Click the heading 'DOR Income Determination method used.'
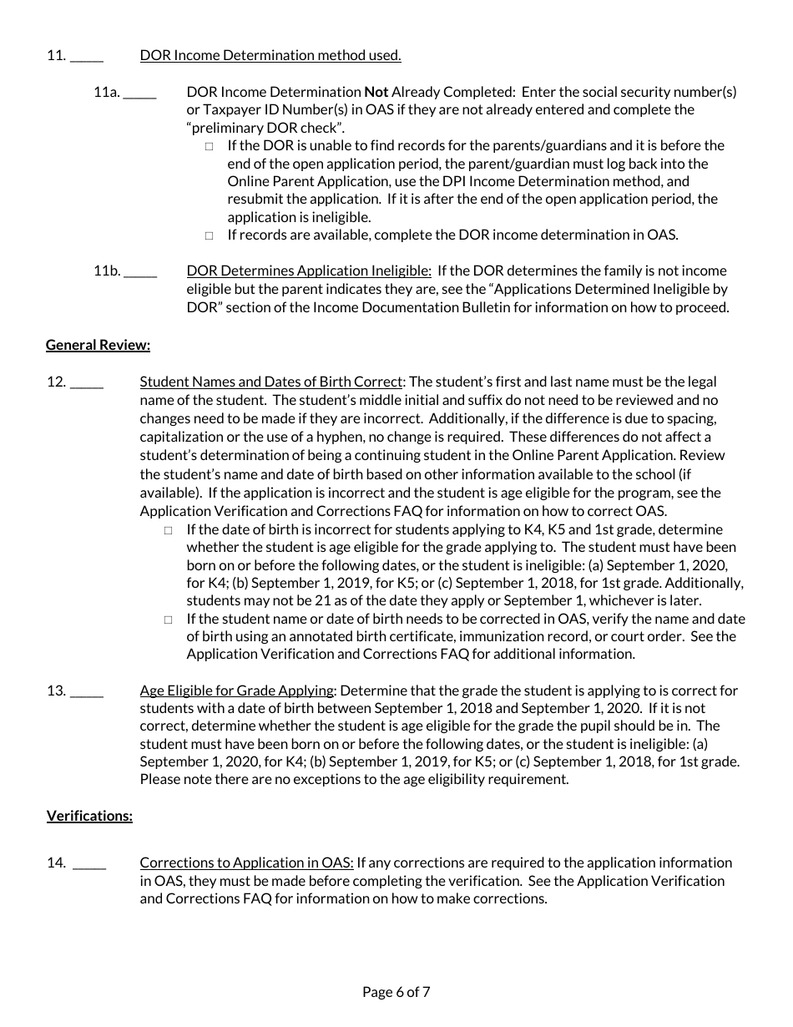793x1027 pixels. [x=270, y=56]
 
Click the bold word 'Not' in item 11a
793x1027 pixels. [x=376, y=92]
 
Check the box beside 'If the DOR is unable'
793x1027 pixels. [x=210, y=146]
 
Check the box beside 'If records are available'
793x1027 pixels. [x=210, y=235]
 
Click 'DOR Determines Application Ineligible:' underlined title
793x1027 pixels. [x=309, y=271]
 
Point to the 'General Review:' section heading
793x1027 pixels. [x=98, y=345]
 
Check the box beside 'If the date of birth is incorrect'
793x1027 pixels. [x=169, y=530]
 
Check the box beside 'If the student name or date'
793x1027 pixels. [x=169, y=620]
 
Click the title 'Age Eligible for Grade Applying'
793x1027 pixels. [x=237, y=691]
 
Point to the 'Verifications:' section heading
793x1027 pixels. [x=89, y=816]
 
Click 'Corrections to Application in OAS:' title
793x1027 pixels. [x=246, y=863]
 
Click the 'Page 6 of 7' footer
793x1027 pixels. [x=396, y=992]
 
